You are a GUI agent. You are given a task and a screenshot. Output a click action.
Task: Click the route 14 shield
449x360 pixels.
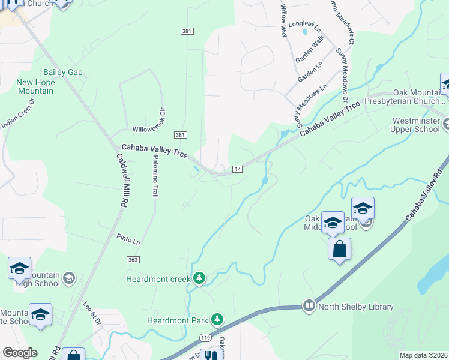(x=237, y=169)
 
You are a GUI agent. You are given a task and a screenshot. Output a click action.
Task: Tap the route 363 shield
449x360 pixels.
(x=133, y=259)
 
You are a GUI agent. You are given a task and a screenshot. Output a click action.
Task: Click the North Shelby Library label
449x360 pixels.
(x=355, y=307)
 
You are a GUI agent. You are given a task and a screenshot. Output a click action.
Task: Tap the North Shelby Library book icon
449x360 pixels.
(x=309, y=306)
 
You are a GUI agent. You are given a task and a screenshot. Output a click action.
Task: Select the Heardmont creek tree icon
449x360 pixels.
(x=199, y=278)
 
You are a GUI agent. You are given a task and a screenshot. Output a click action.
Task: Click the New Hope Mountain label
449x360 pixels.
(x=35, y=86)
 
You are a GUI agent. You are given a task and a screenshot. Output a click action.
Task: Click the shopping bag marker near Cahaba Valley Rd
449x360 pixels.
(x=339, y=248)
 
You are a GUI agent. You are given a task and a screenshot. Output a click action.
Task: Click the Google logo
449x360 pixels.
(x=19, y=353)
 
